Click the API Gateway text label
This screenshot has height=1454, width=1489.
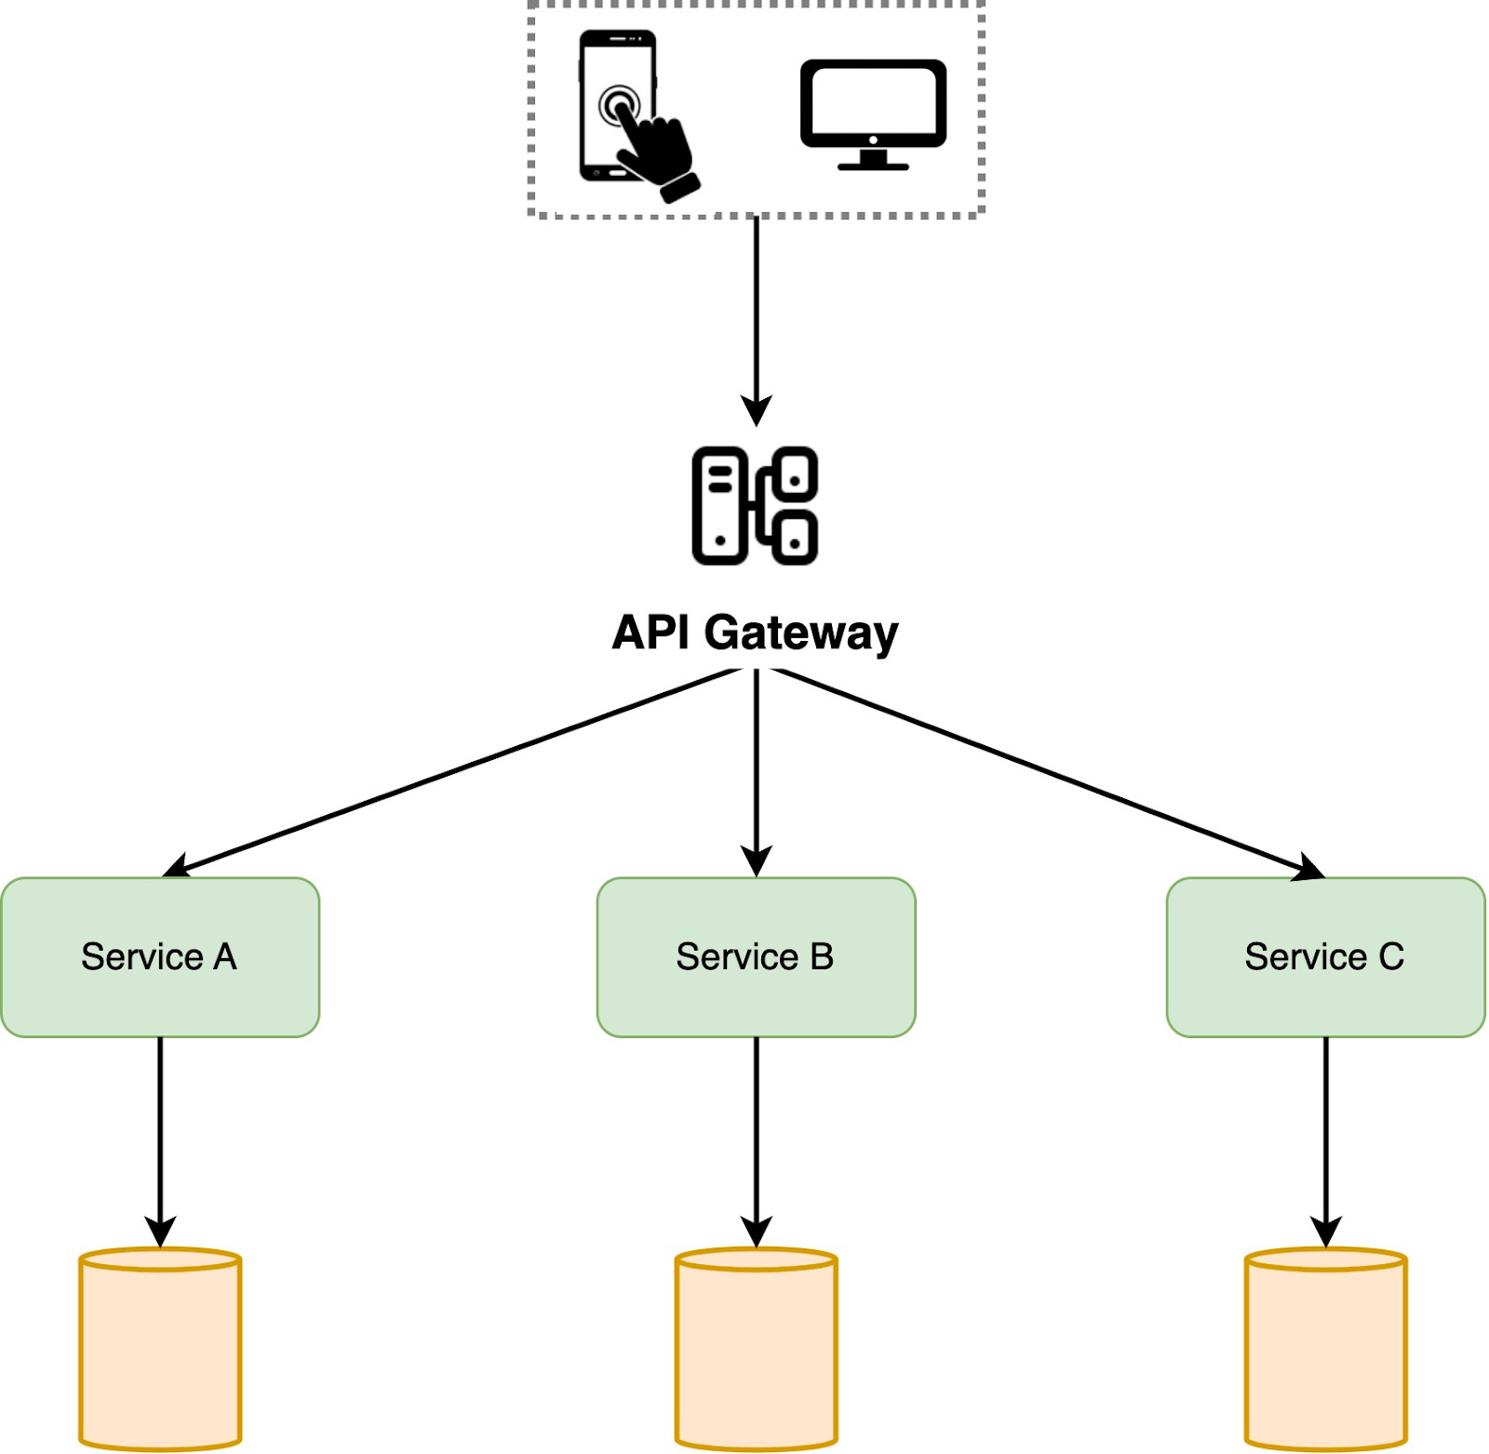[x=755, y=634]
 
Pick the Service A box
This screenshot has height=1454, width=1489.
[x=160, y=956]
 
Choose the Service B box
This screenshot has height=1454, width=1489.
[x=756, y=956]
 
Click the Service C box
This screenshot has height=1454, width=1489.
[x=1325, y=956]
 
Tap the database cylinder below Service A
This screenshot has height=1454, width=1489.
[x=160, y=1349]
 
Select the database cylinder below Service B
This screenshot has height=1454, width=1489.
[x=756, y=1349]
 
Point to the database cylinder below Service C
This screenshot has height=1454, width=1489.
[x=1325, y=1349]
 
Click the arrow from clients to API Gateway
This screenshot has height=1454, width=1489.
[x=756, y=316]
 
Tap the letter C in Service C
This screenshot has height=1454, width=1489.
[x=1390, y=956]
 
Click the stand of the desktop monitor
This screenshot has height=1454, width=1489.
[x=873, y=160]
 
